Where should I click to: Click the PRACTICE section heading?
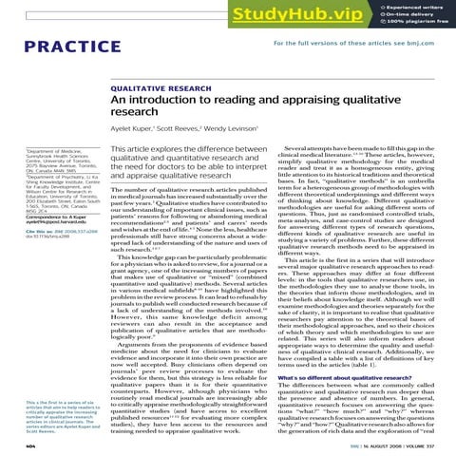coord(51,47)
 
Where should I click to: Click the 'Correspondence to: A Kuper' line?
coord(41,214)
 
